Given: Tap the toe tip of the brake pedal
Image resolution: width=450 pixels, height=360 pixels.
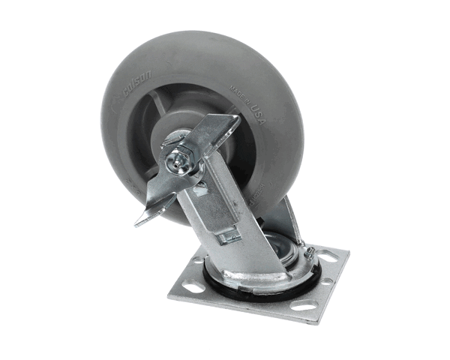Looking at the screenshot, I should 140,221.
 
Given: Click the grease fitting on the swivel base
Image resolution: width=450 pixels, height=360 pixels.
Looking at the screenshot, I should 308,253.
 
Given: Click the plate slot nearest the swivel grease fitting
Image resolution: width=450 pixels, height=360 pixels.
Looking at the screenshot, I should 328,256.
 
